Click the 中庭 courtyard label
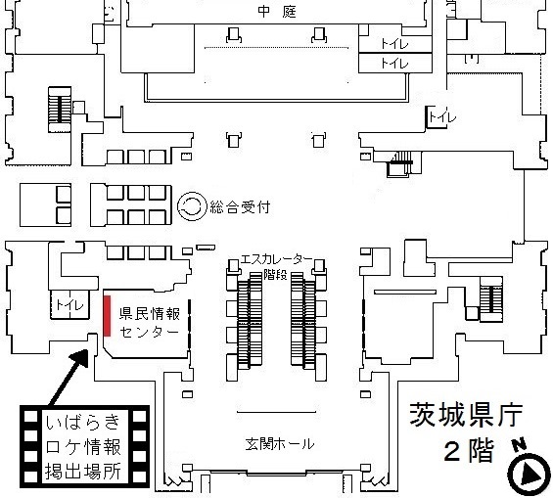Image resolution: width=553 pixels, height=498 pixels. point(277,12)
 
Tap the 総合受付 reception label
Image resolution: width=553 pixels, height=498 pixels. point(240,206)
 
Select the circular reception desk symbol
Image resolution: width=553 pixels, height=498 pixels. point(192,206)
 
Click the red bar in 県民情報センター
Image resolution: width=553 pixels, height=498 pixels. point(107,315)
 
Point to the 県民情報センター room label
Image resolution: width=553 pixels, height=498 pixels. point(150,323)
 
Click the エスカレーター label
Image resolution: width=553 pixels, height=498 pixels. point(276,259)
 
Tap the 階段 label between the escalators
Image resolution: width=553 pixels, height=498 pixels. point(275,275)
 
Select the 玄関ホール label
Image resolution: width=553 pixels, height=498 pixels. point(279,444)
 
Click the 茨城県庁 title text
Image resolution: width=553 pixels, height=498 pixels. point(466,415)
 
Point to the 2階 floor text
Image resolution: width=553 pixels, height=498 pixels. point(469,450)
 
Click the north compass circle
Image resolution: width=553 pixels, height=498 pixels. point(529,475)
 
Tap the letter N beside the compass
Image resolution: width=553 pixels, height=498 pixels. point(519,444)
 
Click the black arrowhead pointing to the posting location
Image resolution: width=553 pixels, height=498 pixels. point(80,358)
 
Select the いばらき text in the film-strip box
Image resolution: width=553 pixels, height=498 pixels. point(83,423)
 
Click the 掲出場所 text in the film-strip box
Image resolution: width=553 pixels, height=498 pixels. point(83,471)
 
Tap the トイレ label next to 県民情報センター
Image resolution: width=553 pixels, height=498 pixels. point(69,304)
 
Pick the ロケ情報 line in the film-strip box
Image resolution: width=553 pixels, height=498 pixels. point(83,446)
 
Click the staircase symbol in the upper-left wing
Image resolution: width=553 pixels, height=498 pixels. point(60,110)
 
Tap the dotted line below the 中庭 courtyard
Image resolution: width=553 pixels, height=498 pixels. point(276,48)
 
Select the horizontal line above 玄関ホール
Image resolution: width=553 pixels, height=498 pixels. point(276,412)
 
